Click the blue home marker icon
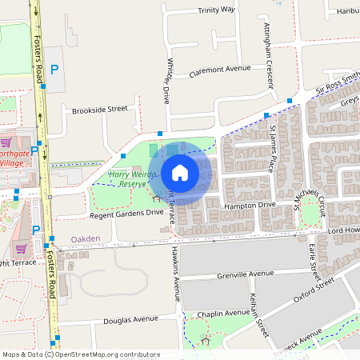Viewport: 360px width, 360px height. click(180, 172)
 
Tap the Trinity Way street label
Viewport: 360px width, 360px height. click(217, 10)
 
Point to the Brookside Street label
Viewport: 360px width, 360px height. click(100, 109)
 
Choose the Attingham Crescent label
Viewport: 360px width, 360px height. click(270, 54)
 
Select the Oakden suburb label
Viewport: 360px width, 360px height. click(86, 238)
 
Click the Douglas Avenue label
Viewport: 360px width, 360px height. click(131, 320)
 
